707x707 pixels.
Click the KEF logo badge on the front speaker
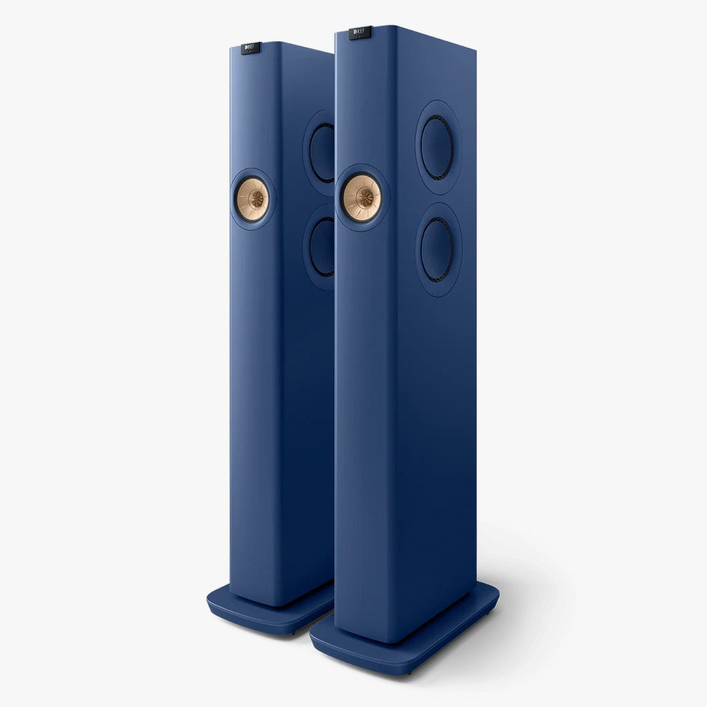360,32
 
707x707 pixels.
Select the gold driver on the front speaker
362,197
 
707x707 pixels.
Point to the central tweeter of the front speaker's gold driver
362,197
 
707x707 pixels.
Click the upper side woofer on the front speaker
437,147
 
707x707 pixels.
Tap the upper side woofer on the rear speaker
322,152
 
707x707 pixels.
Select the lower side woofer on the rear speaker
322,246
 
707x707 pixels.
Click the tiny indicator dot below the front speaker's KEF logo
360,38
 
